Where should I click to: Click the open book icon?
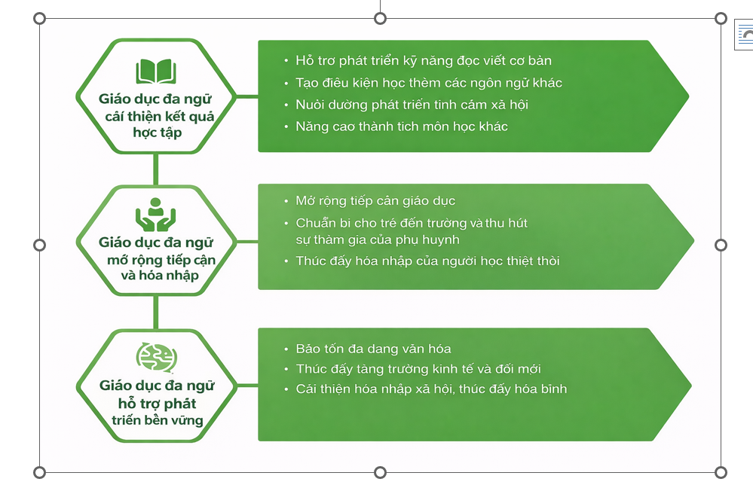(156, 72)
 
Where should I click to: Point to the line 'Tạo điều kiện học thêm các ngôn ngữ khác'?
(428, 82)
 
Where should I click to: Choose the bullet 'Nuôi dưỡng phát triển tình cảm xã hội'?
(412, 104)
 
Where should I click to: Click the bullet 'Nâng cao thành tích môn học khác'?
(401, 126)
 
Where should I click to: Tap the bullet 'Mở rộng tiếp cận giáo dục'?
(375, 201)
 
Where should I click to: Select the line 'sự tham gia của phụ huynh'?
(377, 239)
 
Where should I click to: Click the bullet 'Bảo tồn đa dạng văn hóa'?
(373, 349)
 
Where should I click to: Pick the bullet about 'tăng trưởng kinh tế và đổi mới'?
(418, 369)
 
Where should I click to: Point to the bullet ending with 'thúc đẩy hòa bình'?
(430, 389)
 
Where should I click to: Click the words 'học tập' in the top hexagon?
(156, 133)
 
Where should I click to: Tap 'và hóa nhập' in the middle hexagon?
(160, 276)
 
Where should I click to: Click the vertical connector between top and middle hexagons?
(156, 169)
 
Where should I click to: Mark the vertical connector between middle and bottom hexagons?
(156, 312)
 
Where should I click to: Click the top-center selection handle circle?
(381, 18)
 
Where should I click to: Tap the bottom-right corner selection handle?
(721, 472)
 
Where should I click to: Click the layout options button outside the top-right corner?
(745, 35)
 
